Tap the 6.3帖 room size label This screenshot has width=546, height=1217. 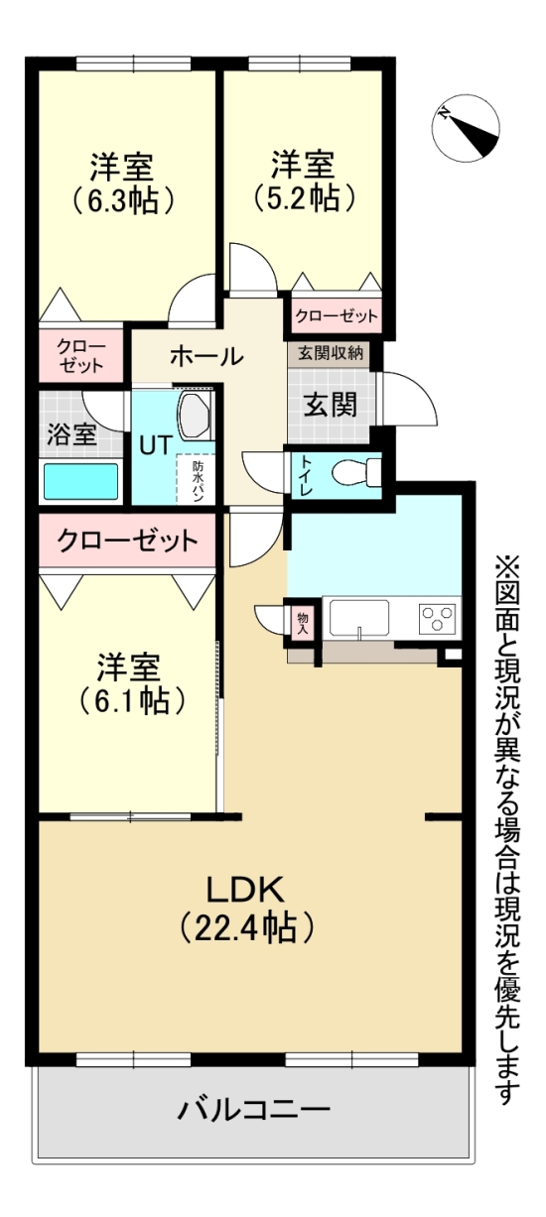(124, 199)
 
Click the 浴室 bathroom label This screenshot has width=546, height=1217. (71, 433)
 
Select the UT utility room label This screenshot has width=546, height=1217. (154, 444)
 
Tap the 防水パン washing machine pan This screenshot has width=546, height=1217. (198, 481)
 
